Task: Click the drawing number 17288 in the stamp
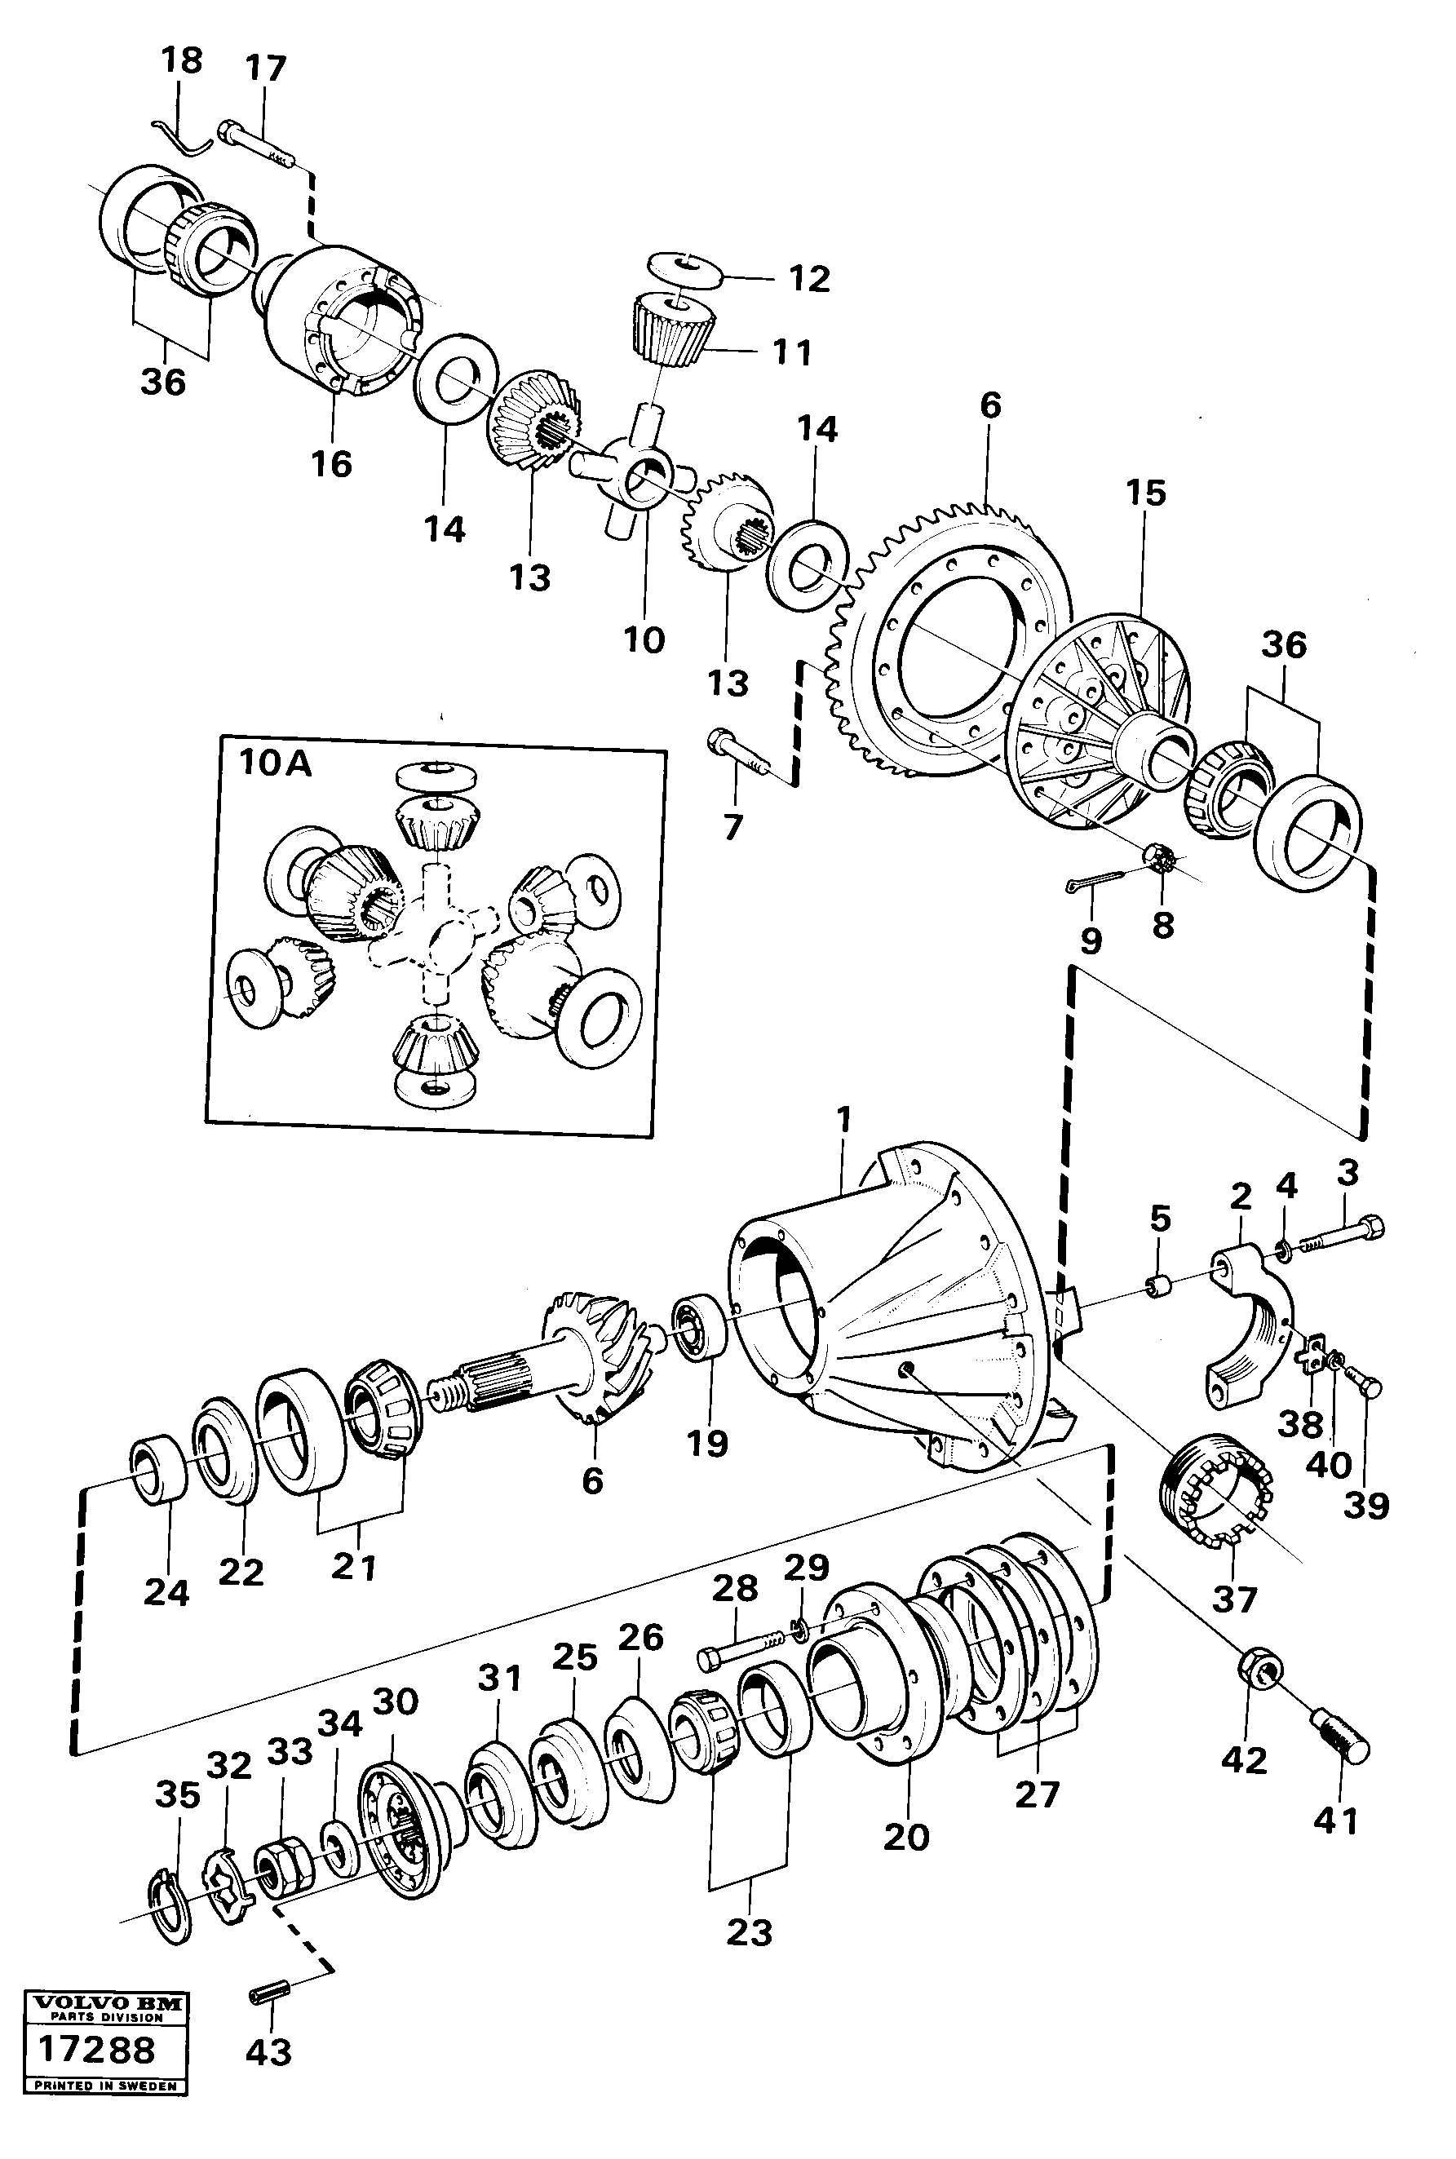[96, 2073]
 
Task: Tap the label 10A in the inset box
[276, 763]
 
